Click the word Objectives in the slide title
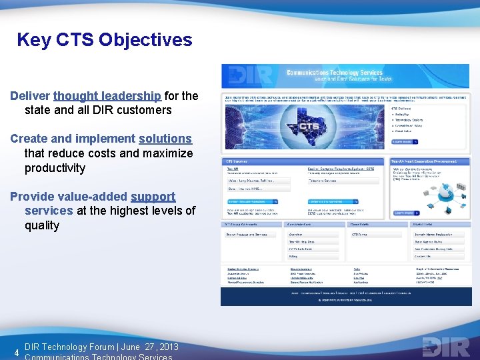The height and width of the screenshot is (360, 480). (145, 40)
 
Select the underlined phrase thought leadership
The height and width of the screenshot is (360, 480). (107, 96)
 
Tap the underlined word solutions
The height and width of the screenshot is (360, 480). (165, 139)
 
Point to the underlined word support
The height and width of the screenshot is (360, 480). (153, 197)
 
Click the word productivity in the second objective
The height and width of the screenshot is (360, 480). (55, 167)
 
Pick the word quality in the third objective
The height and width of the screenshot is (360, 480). (42, 225)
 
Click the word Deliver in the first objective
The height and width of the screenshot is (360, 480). (30, 96)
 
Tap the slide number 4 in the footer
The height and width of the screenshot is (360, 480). (15, 352)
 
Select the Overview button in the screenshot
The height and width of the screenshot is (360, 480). (296, 235)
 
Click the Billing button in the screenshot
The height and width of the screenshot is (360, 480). (293, 256)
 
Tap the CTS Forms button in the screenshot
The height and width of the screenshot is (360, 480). (360, 235)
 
